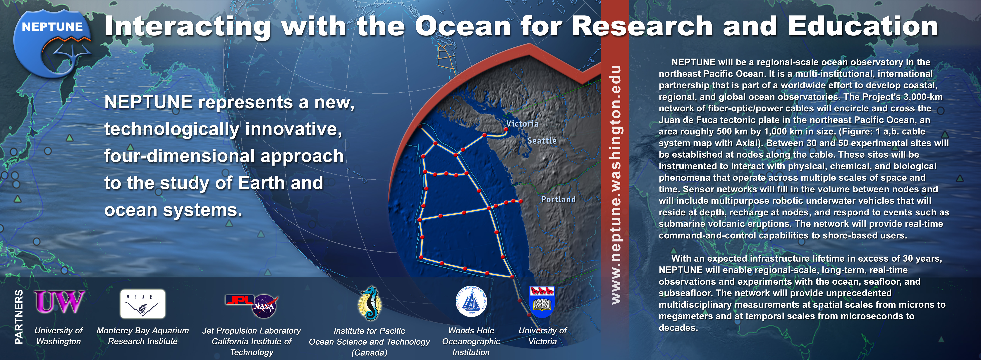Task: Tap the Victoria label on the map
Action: pos(522,123)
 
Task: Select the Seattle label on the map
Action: pos(542,141)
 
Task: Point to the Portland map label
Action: pos(559,199)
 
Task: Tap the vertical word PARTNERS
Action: pos(19,317)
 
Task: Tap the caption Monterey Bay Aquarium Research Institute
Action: pos(143,336)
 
